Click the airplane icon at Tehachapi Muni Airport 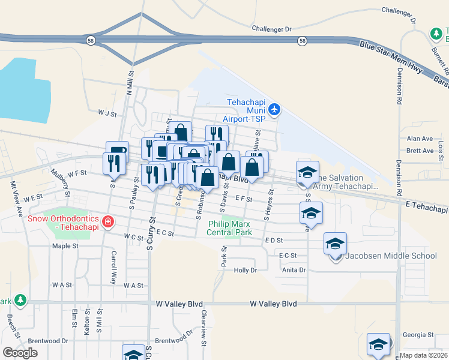coord(274,109)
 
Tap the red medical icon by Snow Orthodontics coord(108,223)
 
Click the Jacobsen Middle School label coord(391,256)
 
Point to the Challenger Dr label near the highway coord(271,28)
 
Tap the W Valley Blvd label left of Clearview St coord(179,304)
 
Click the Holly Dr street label coord(245,271)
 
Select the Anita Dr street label coord(294,270)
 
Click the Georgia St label coord(418,335)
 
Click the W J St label coord(107,112)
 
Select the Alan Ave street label coord(420,139)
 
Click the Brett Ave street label coord(420,151)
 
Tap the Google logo coord(20,353)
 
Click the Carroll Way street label coord(113,267)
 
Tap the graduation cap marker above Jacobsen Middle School coord(335,244)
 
